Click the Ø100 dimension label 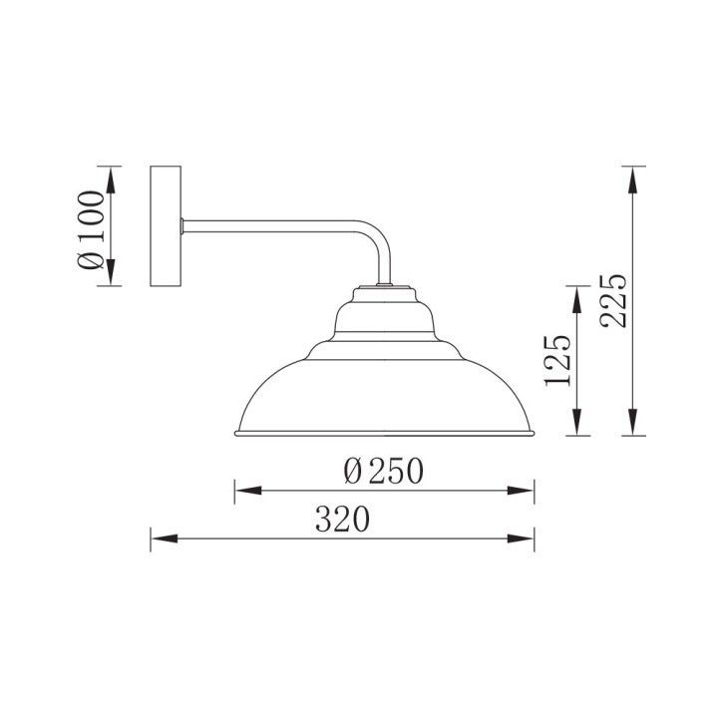[x=91, y=230]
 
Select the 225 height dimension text [x=613, y=301]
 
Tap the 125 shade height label [x=556, y=359]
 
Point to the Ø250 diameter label [x=383, y=471]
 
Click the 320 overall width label [x=342, y=520]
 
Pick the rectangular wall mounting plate [x=166, y=226]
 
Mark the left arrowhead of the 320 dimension [x=164, y=538]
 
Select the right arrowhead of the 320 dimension [x=522, y=538]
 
